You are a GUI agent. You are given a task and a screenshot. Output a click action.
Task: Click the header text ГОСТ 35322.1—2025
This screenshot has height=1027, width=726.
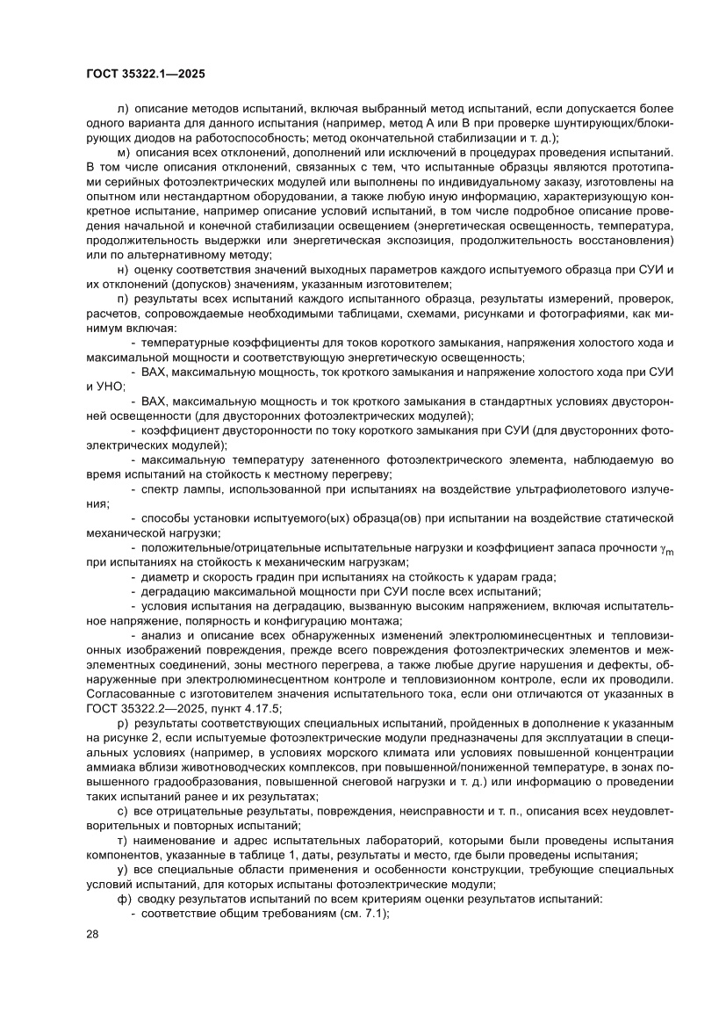(146, 75)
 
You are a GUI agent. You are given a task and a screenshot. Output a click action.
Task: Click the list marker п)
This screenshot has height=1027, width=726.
(122, 298)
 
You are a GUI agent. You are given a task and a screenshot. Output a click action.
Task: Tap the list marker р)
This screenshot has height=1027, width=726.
(122, 723)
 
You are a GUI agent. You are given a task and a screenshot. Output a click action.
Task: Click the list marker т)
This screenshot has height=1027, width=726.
(122, 840)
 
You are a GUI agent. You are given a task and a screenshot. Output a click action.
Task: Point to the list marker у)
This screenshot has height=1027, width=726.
(122, 869)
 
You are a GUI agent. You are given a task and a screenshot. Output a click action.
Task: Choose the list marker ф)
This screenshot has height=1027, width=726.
(122, 899)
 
